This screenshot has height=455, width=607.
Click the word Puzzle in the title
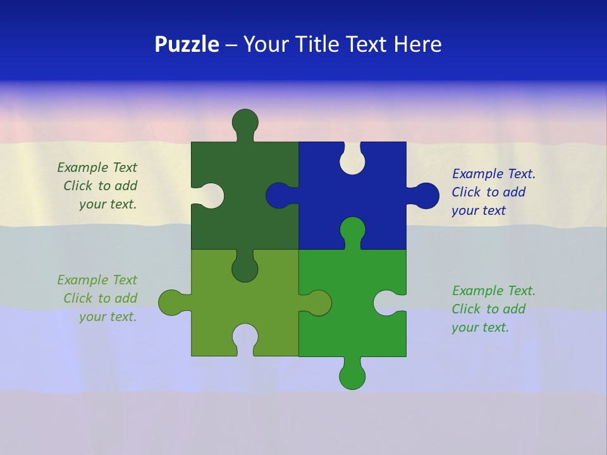187,44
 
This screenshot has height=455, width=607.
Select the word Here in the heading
417,44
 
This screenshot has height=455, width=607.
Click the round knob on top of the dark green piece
245,121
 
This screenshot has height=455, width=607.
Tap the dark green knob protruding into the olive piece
245,269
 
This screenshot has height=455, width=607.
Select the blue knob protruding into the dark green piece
278,195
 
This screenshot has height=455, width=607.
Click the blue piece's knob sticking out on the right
426,195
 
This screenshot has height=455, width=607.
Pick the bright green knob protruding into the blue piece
352,229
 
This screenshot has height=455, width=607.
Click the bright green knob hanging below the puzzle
352,377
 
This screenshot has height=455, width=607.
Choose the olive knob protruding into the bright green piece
319,303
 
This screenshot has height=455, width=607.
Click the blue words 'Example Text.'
494,174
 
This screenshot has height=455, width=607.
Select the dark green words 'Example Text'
97,167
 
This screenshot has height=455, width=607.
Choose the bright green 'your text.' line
480,327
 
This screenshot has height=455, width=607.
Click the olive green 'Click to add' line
100,298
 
